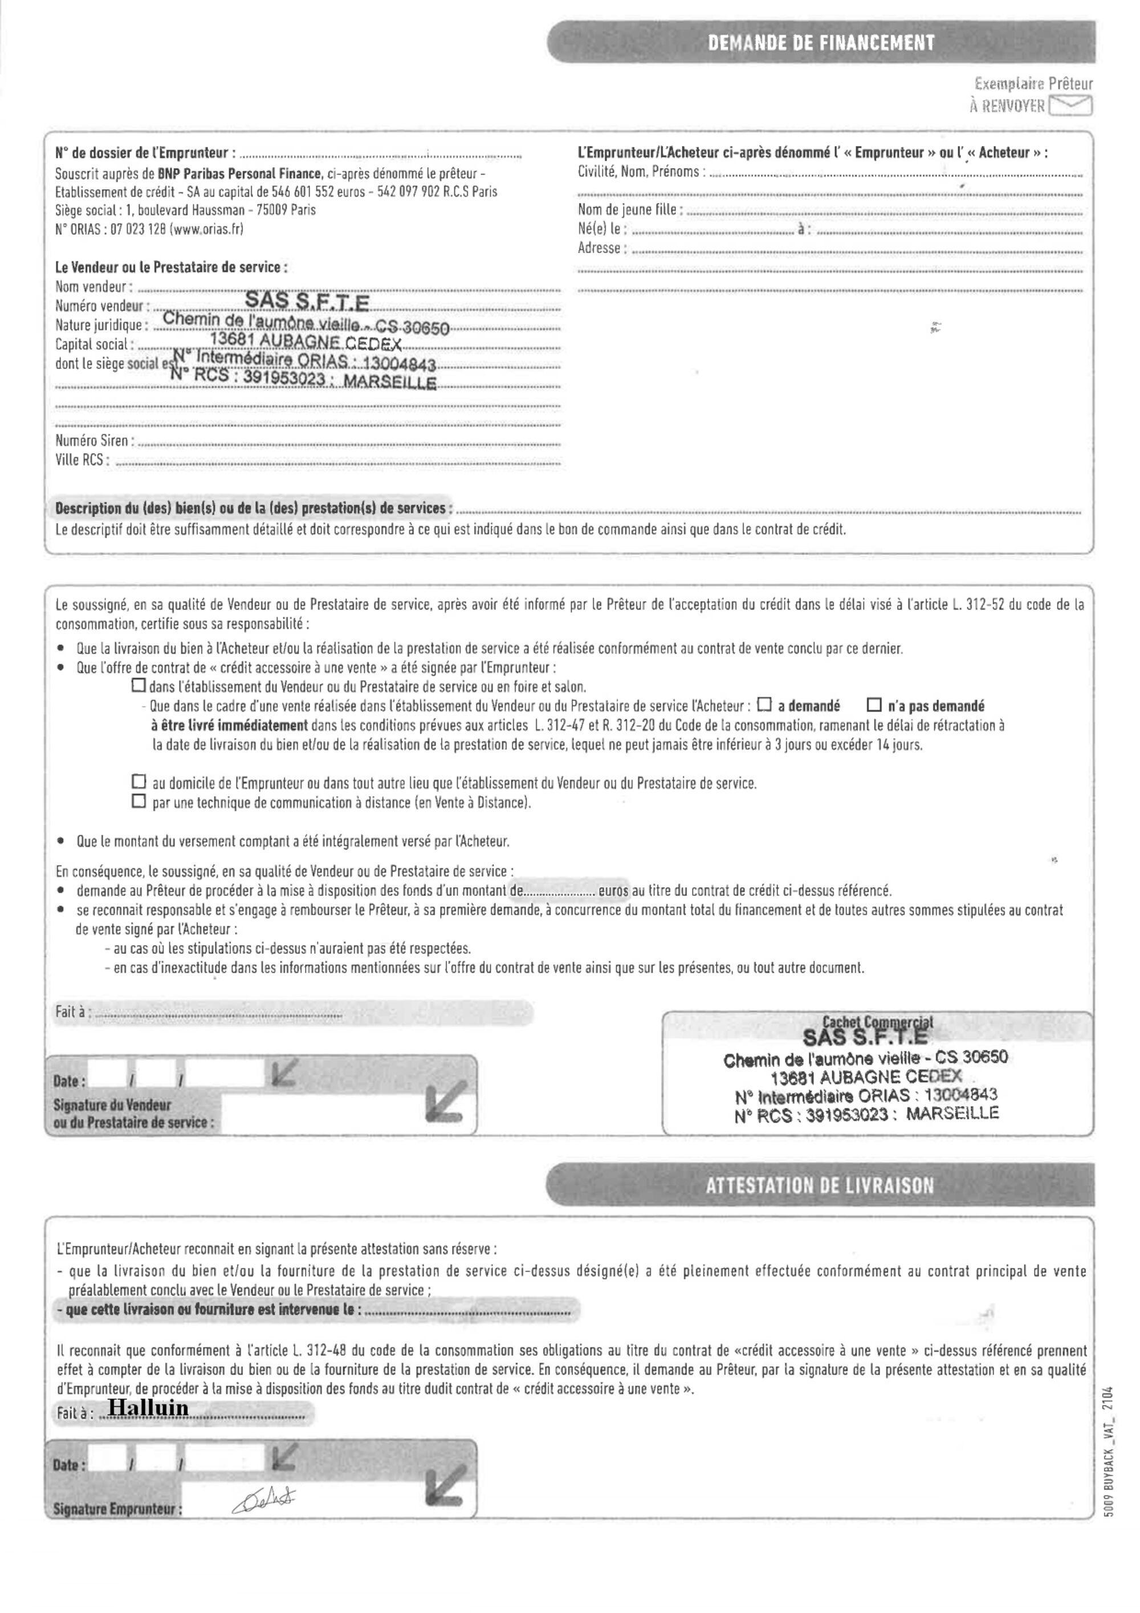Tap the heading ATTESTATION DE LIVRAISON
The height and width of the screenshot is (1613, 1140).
(x=820, y=1186)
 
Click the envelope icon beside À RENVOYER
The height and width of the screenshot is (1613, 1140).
(x=1070, y=106)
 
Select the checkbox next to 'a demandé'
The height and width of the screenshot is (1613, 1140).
(x=764, y=704)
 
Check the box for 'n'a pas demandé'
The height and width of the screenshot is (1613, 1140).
(x=874, y=704)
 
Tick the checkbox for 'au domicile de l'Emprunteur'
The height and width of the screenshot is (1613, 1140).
(x=139, y=781)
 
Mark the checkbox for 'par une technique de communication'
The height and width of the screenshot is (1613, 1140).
(x=139, y=801)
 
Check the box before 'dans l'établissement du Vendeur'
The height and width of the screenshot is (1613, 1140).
(x=139, y=685)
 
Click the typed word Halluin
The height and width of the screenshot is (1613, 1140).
(x=148, y=1408)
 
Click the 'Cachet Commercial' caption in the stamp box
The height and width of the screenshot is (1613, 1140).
(x=877, y=1022)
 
